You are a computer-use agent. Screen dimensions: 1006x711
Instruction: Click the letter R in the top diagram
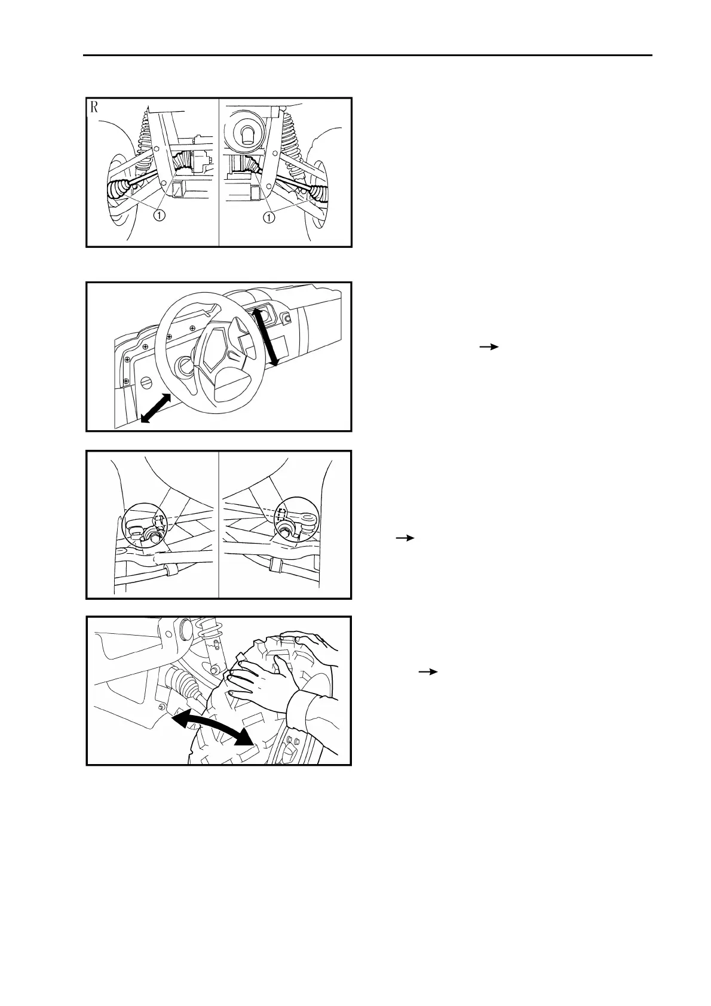[94, 108]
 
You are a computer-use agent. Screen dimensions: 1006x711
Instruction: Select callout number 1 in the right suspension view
[269, 217]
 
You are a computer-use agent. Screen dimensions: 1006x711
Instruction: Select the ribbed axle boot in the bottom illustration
[182, 684]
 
